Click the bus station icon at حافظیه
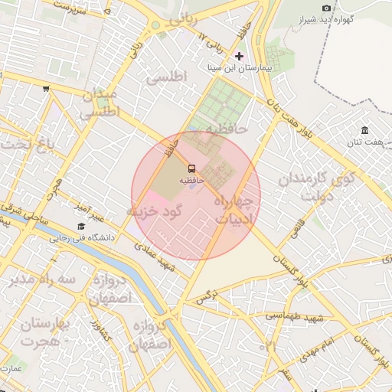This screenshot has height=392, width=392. (x=191, y=167)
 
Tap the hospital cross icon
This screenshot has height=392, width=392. (x=240, y=56)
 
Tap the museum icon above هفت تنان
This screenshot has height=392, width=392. (x=364, y=130)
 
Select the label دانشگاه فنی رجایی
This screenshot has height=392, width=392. (x=82, y=238)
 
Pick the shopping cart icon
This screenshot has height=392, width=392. (x=46, y=89)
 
